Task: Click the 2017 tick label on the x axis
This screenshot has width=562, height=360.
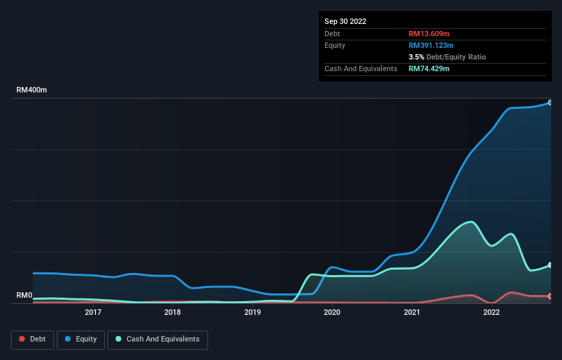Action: pos(93,313)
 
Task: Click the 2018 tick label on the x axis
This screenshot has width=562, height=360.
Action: pos(173,313)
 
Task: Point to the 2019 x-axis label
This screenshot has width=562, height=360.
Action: pos(253,313)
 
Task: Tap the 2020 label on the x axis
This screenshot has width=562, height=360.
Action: pos(332,313)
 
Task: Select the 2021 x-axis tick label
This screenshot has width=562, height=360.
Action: pos(412,313)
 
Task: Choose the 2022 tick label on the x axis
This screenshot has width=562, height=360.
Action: pos(491,313)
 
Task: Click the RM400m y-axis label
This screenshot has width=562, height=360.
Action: pos(32,90)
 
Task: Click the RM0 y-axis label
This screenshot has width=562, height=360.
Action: pos(25,296)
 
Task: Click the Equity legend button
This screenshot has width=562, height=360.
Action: pos(81,339)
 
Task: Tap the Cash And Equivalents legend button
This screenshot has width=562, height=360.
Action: pos(157,339)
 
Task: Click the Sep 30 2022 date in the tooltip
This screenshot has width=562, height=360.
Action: pos(346,21)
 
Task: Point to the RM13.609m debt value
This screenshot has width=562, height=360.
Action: pos(429,34)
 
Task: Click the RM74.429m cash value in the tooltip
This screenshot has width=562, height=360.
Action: pos(429,68)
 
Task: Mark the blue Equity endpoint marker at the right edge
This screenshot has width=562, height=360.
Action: pos(550,103)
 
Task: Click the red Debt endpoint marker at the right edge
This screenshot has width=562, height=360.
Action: pos(550,296)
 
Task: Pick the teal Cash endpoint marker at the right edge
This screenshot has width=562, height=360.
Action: pos(550,265)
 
